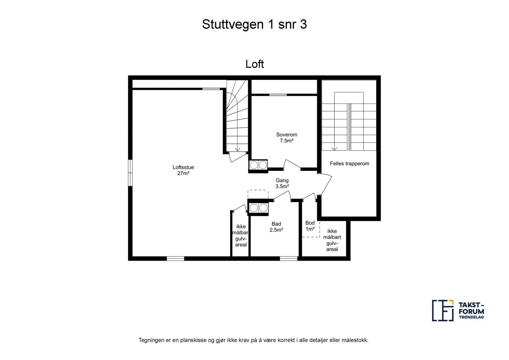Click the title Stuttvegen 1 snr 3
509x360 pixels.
254,25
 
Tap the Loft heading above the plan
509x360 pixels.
254,64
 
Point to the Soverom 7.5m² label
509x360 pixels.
286,138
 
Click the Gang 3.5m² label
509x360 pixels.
282,183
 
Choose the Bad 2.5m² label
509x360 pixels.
276,227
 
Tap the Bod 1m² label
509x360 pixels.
310,226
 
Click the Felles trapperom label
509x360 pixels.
349,164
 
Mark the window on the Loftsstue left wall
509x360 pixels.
130,172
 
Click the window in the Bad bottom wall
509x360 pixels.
289,258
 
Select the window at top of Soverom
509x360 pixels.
278,95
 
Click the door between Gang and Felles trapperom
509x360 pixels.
325,184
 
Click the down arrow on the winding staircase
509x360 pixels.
237,149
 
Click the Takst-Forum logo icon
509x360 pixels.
442,310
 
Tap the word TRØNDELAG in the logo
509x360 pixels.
471,317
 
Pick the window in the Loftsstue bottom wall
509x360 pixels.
176,258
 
